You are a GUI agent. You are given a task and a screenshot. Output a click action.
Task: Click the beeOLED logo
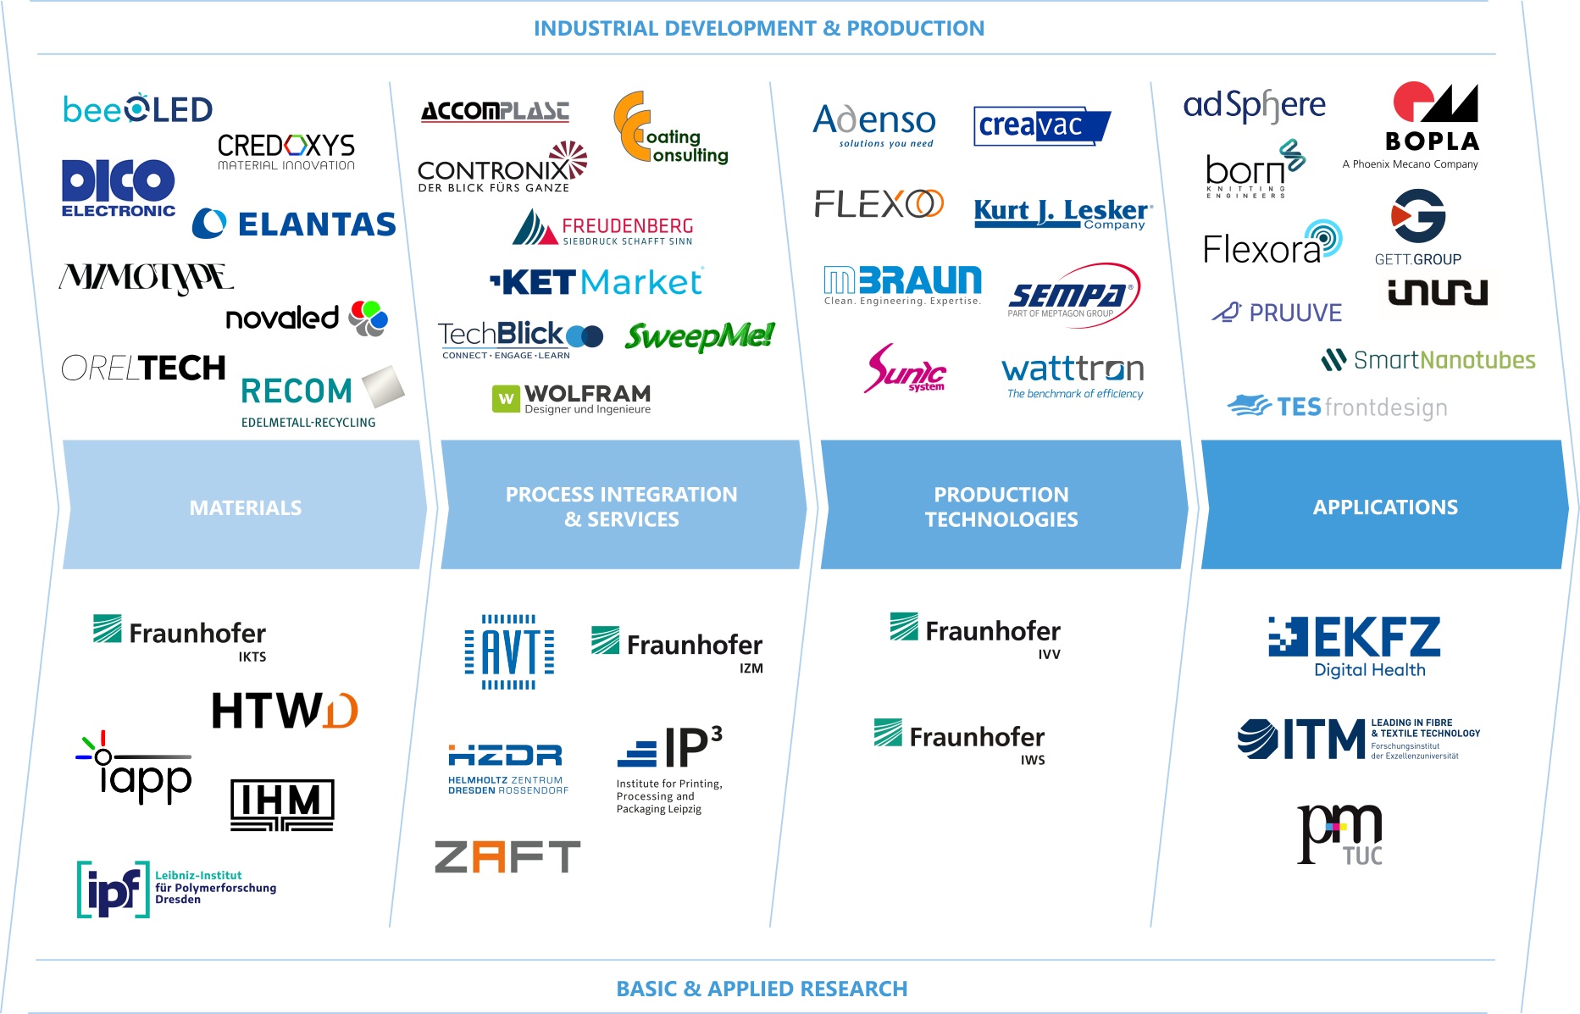click(x=137, y=109)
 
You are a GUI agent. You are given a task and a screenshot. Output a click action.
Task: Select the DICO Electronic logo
click(x=118, y=187)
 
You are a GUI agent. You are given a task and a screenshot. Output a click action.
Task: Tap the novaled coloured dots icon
click(x=369, y=319)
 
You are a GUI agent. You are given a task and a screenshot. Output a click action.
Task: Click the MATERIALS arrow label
click(x=246, y=507)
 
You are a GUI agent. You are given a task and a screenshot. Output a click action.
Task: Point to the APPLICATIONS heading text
click(x=1385, y=507)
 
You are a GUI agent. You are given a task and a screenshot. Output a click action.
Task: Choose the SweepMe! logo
click(x=699, y=336)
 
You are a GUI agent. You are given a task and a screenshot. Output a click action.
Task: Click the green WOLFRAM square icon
click(x=506, y=398)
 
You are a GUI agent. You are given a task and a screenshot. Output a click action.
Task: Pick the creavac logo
click(x=1041, y=125)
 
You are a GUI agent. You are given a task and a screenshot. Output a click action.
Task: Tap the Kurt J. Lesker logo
click(x=1062, y=213)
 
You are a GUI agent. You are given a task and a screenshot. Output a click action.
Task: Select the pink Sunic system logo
click(x=905, y=369)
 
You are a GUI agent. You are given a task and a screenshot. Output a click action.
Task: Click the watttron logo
click(x=1073, y=376)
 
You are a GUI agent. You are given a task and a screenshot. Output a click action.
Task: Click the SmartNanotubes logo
click(x=1428, y=360)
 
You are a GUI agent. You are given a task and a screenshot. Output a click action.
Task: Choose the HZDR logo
click(x=507, y=767)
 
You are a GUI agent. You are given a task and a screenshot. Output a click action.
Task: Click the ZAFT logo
click(x=507, y=856)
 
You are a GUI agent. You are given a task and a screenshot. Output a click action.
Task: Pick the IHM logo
click(x=282, y=804)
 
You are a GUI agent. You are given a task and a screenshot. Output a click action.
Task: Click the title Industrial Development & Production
click(x=758, y=28)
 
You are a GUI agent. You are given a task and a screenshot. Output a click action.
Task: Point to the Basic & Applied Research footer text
click(x=762, y=989)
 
